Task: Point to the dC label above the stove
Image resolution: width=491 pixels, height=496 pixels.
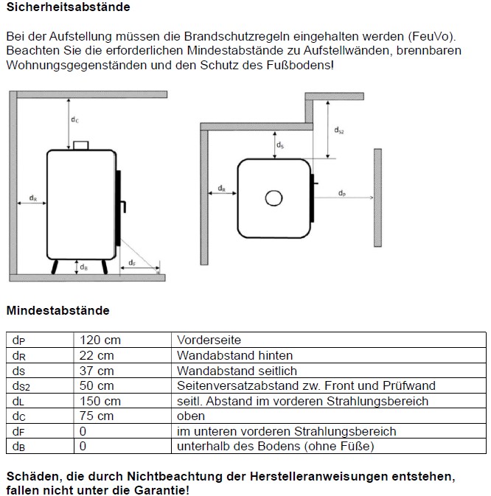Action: pyautogui.click(x=74, y=119)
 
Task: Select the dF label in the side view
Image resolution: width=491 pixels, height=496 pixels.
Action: pyautogui.click(x=131, y=263)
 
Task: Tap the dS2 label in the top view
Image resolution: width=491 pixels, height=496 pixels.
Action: pyautogui.click(x=338, y=130)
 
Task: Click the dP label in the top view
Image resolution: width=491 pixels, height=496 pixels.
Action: pyautogui.click(x=342, y=193)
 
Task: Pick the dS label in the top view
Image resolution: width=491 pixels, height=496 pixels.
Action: pyautogui.click(x=280, y=146)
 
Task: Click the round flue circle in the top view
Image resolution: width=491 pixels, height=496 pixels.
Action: pyautogui.click(x=274, y=198)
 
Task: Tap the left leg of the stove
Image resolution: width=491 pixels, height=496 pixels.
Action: pyautogui.click(x=55, y=266)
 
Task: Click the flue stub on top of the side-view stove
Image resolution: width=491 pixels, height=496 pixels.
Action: pyautogui.click(x=81, y=145)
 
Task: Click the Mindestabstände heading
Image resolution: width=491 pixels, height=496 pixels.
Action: pyautogui.click(x=58, y=310)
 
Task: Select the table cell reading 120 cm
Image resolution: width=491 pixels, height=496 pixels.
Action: pyautogui.click(x=100, y=340)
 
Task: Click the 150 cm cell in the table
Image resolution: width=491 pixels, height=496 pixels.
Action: pyautogui.click(x=100, y=401)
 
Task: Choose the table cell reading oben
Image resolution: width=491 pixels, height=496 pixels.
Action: pyautogui.click(x=191, y=416)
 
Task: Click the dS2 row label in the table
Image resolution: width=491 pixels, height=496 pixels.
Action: pyautogui.click(x=21, y=386)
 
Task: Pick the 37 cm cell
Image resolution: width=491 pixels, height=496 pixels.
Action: pyautogui.click(x=97, y=371)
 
